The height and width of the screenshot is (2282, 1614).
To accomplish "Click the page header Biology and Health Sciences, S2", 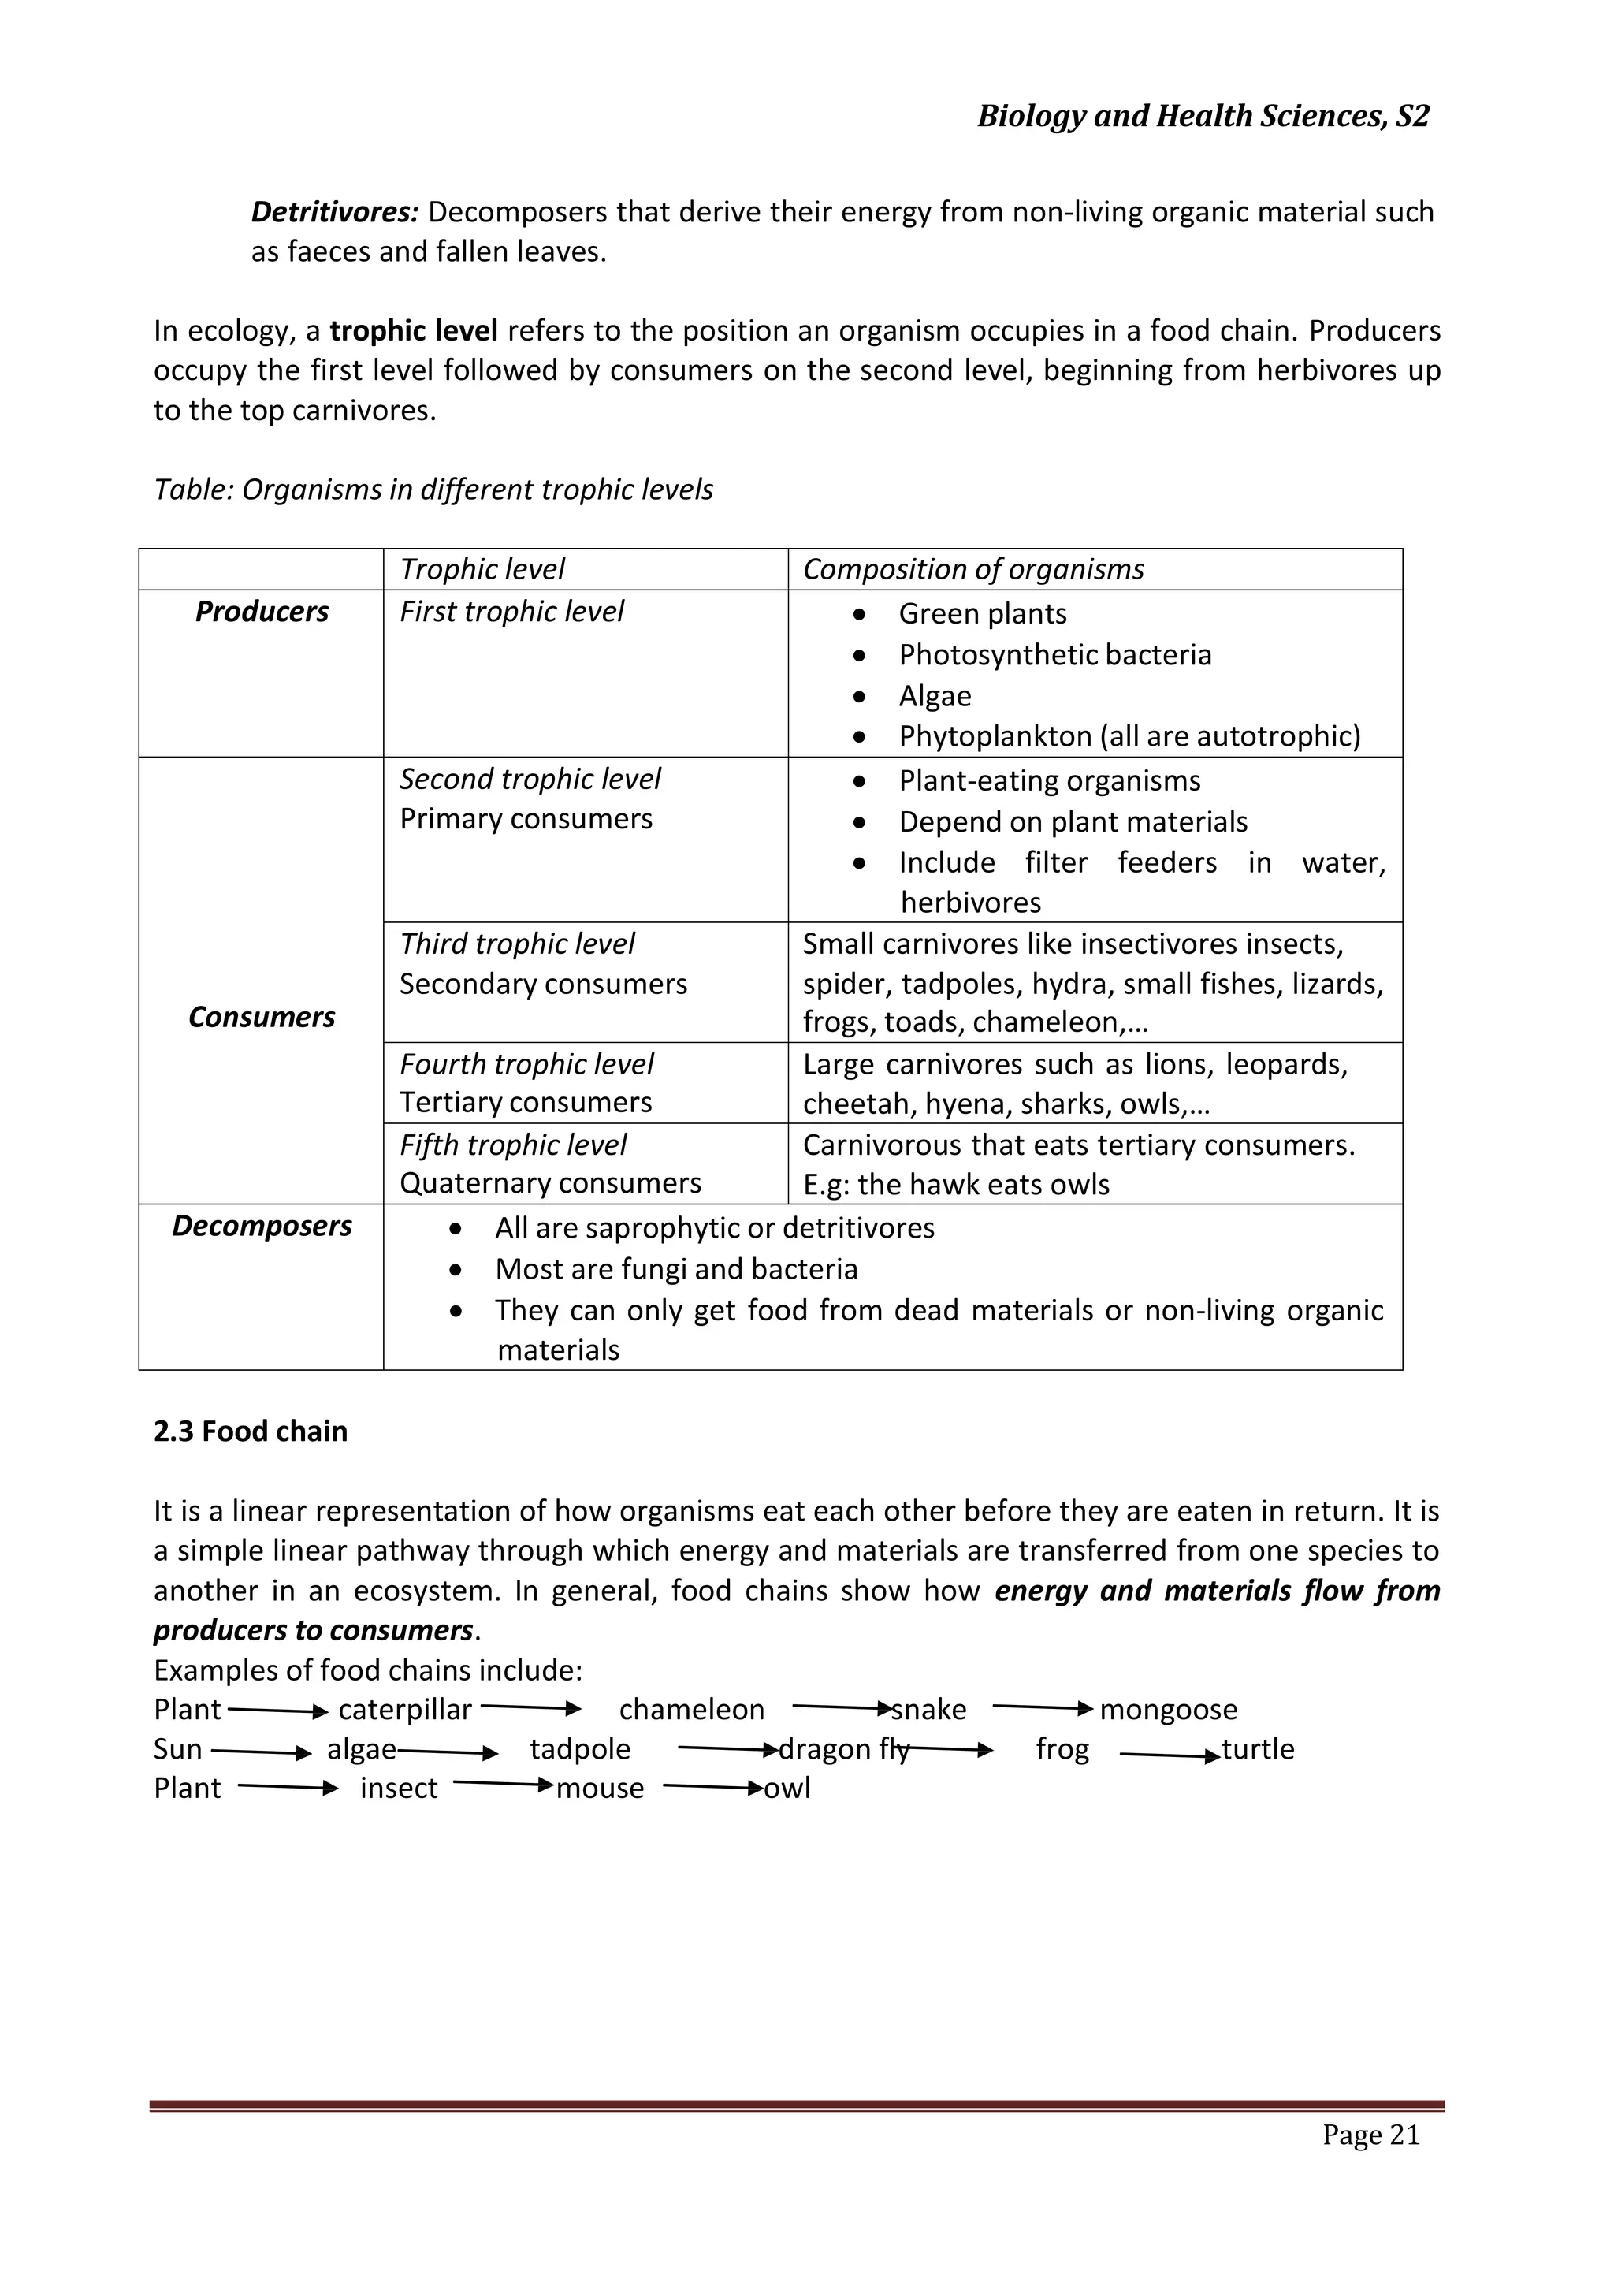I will coord(1203,117).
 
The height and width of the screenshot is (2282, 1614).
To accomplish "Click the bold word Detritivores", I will coord(334,212).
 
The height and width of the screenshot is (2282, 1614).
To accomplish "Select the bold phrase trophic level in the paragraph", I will coord(414,331).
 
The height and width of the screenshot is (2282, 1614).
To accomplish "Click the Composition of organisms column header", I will coord(973,569).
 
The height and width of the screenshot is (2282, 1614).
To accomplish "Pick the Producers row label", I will coord(262,611).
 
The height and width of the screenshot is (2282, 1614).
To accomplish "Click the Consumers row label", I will coord(262,1017).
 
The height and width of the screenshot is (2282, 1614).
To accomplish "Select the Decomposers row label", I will coord(262,1226).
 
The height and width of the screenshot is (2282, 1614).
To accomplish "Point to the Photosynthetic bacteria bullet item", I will coord(1054,655).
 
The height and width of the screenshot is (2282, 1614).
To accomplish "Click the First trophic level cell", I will coord(511,611).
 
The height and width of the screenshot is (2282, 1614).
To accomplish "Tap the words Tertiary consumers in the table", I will coord(526,1102).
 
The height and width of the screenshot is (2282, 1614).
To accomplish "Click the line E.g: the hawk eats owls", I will coord(955,1184).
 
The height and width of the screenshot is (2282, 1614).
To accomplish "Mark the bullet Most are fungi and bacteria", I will coord(676,1269).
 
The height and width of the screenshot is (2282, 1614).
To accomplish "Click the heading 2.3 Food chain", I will coord(251,1431).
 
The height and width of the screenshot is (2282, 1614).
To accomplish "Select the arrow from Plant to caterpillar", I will coord(278,1711).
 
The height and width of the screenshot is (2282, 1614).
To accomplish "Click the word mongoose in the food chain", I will coord(1168,1710).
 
